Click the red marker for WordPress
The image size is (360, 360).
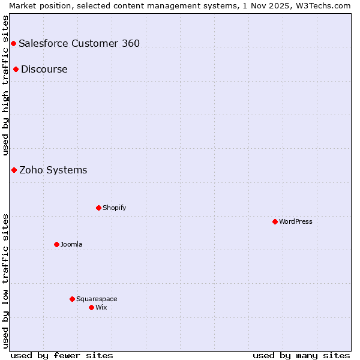point(275,221)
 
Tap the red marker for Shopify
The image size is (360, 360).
point(98,208)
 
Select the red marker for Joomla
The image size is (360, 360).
point(56,244)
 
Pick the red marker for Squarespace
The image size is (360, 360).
point(72,299)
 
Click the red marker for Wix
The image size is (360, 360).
point(91,307)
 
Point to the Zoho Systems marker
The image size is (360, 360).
point(14,170)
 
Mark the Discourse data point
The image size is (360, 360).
point(16,69)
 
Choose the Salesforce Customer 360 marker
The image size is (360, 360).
point(13,43)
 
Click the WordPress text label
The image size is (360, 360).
point(296,221)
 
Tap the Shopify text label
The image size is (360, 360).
point(115,208)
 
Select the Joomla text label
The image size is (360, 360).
point(71,244)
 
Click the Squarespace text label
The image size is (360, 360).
point(97,299)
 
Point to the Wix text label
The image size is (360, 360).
point(101,307)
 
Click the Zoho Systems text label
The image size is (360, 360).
point(53,170)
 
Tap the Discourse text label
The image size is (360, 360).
point(44,69)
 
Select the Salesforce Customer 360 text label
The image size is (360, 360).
point(79,43)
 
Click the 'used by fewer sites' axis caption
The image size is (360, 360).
point(62,355)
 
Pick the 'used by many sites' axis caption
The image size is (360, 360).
point(301,355)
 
